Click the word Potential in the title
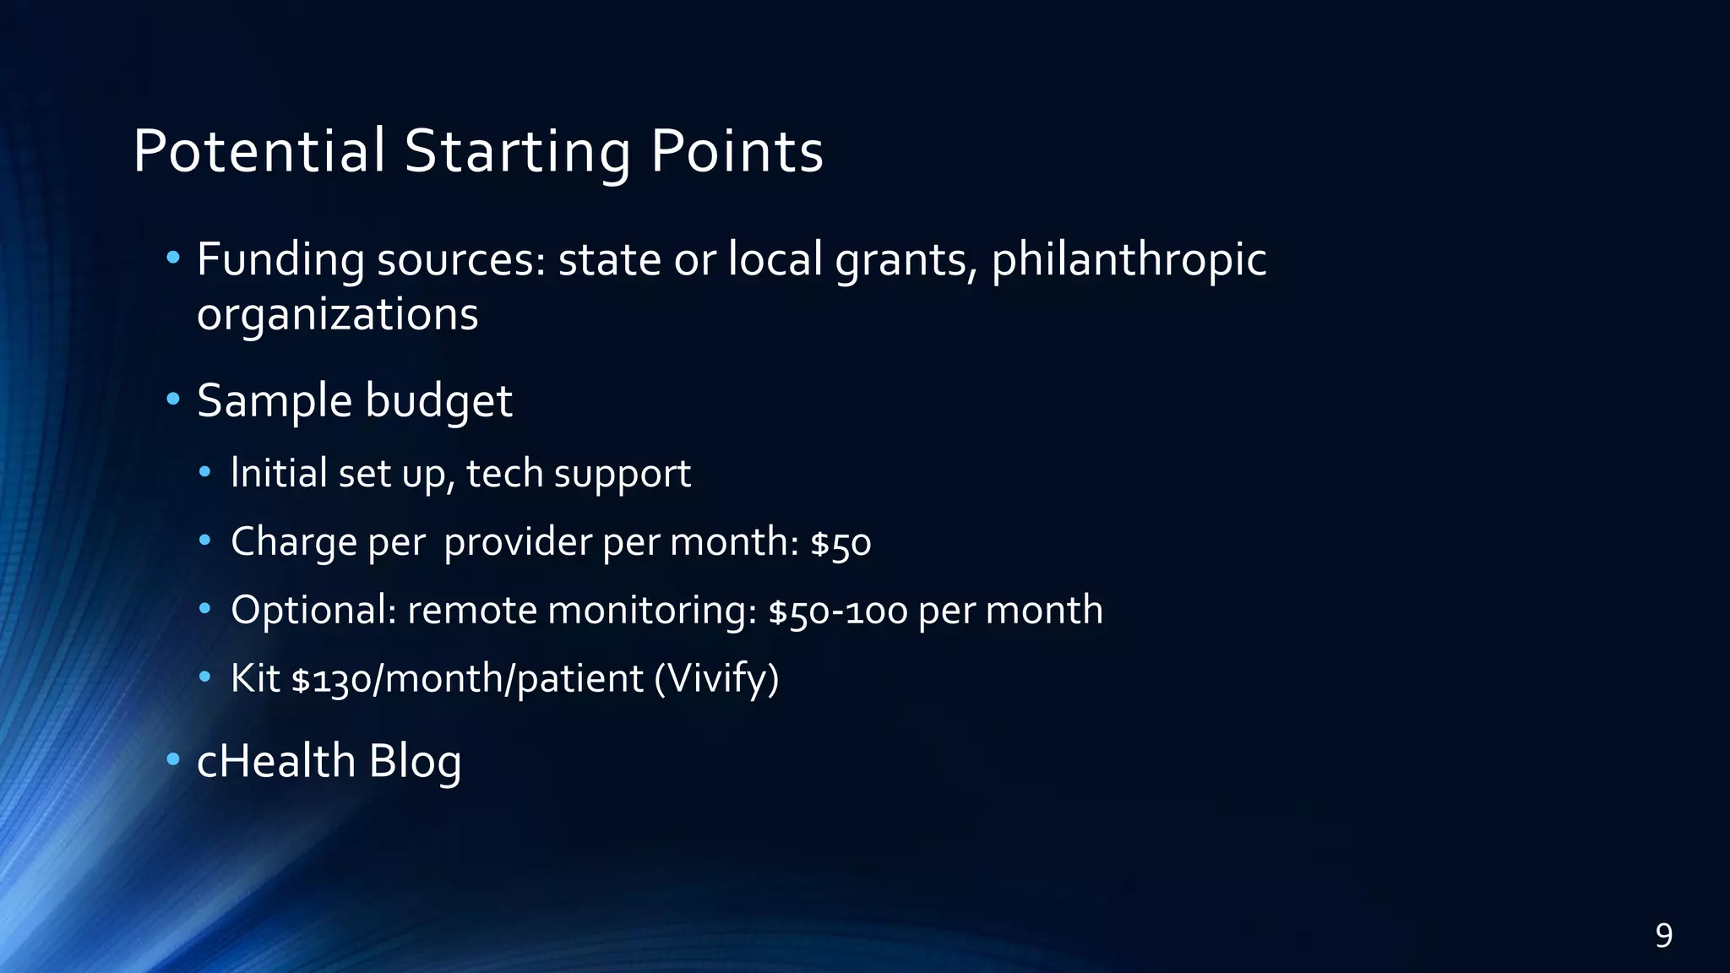[x=258, y=152]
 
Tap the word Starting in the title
[x=517, y=152]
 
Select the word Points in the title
[x=737, y=152]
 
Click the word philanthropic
[x=1129, y=260]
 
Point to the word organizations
[x=337, y=315]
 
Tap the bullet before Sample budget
[x=173, y=399]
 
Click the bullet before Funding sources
[x=173, y=257]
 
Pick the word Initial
[x=279, y=473]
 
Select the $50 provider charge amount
[x=841, y=542]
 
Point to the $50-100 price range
[x=838, y=611]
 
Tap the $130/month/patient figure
[x=467, y=679]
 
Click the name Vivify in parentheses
[x=716, y=679]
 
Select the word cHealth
[x=276, y=760]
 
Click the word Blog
[x=415, y=762]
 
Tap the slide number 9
[x=1663, y=936]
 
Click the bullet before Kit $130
[x=205, y=677]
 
